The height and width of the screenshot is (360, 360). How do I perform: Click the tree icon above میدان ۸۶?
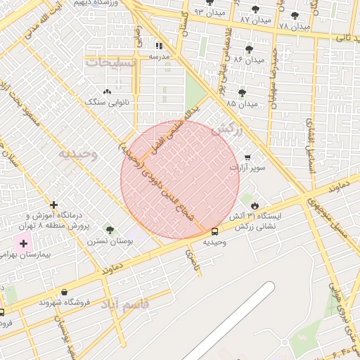click(x=249, y=49)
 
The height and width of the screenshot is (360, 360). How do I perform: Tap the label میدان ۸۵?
click(x=242, y=103)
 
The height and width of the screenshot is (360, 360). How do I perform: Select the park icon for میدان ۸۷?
click(x=255, y=9)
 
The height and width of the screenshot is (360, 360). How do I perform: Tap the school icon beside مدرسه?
click(x=159, y=46)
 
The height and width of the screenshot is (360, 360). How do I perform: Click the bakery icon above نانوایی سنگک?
click(x=107, y=91)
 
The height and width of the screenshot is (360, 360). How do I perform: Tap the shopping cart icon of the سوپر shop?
click(x=247, y=157)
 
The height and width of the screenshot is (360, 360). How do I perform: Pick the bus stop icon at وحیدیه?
click(x=214, y=231)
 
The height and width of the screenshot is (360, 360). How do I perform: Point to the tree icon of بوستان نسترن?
click(x=108, y=229)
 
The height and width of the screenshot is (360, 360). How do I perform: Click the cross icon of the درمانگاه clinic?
click(x=54, y=205)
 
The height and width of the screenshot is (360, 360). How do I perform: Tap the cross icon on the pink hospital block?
click(x=25, y=243)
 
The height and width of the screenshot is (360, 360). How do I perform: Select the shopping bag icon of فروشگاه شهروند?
click(x=65, y=292)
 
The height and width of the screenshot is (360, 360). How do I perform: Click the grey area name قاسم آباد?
click(x=124, y=304)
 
